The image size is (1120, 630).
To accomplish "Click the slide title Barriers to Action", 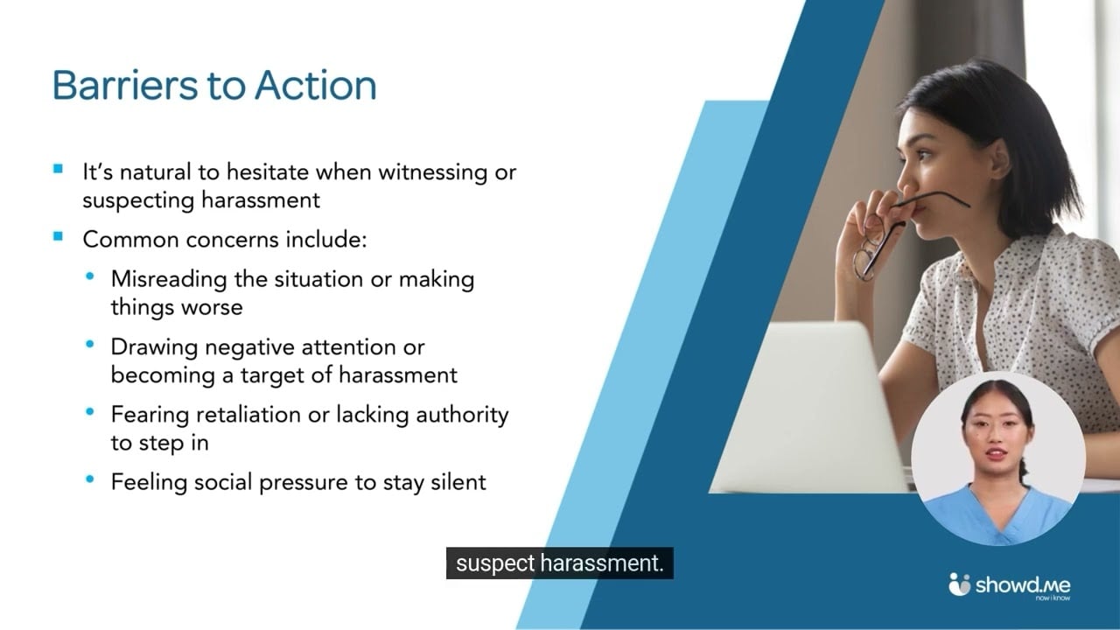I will [214, 85].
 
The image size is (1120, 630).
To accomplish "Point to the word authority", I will [463, 414].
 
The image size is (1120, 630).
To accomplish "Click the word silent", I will [458, 481].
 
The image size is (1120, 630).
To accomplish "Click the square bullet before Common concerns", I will [59, 236].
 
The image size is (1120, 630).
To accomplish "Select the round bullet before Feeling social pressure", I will [90, 479].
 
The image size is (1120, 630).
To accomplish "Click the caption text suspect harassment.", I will [560, 564].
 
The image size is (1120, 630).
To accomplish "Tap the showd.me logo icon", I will [960, 584].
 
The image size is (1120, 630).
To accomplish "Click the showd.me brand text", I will [1022, 584].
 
